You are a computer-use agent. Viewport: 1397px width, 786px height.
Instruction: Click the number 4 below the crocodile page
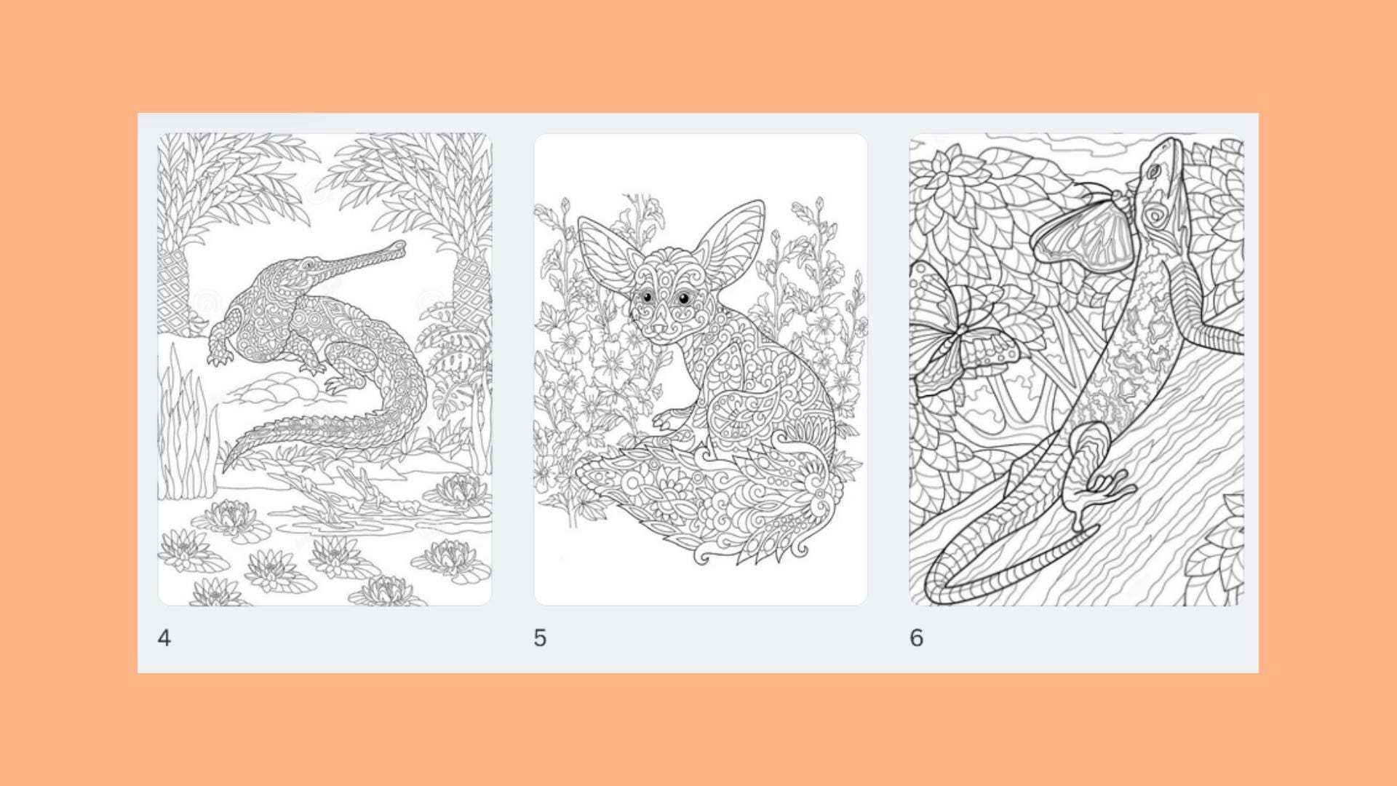click(x=164, y=638)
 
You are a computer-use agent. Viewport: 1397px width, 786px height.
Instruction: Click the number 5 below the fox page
click(x=540, y=638)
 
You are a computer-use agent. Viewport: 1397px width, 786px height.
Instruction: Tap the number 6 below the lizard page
click(x=917, y=638)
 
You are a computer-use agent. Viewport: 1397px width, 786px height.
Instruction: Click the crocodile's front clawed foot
click(x=218, y=357)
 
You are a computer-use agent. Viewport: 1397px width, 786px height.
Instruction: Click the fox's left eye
click(x=647, y=296)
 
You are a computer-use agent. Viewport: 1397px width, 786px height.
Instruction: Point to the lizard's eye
click(x=1154, y=172)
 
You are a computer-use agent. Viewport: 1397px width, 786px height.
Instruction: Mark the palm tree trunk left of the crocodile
click(x=175, y=291)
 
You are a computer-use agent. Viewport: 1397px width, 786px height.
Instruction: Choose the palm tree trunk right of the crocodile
click(x=471, y=291)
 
